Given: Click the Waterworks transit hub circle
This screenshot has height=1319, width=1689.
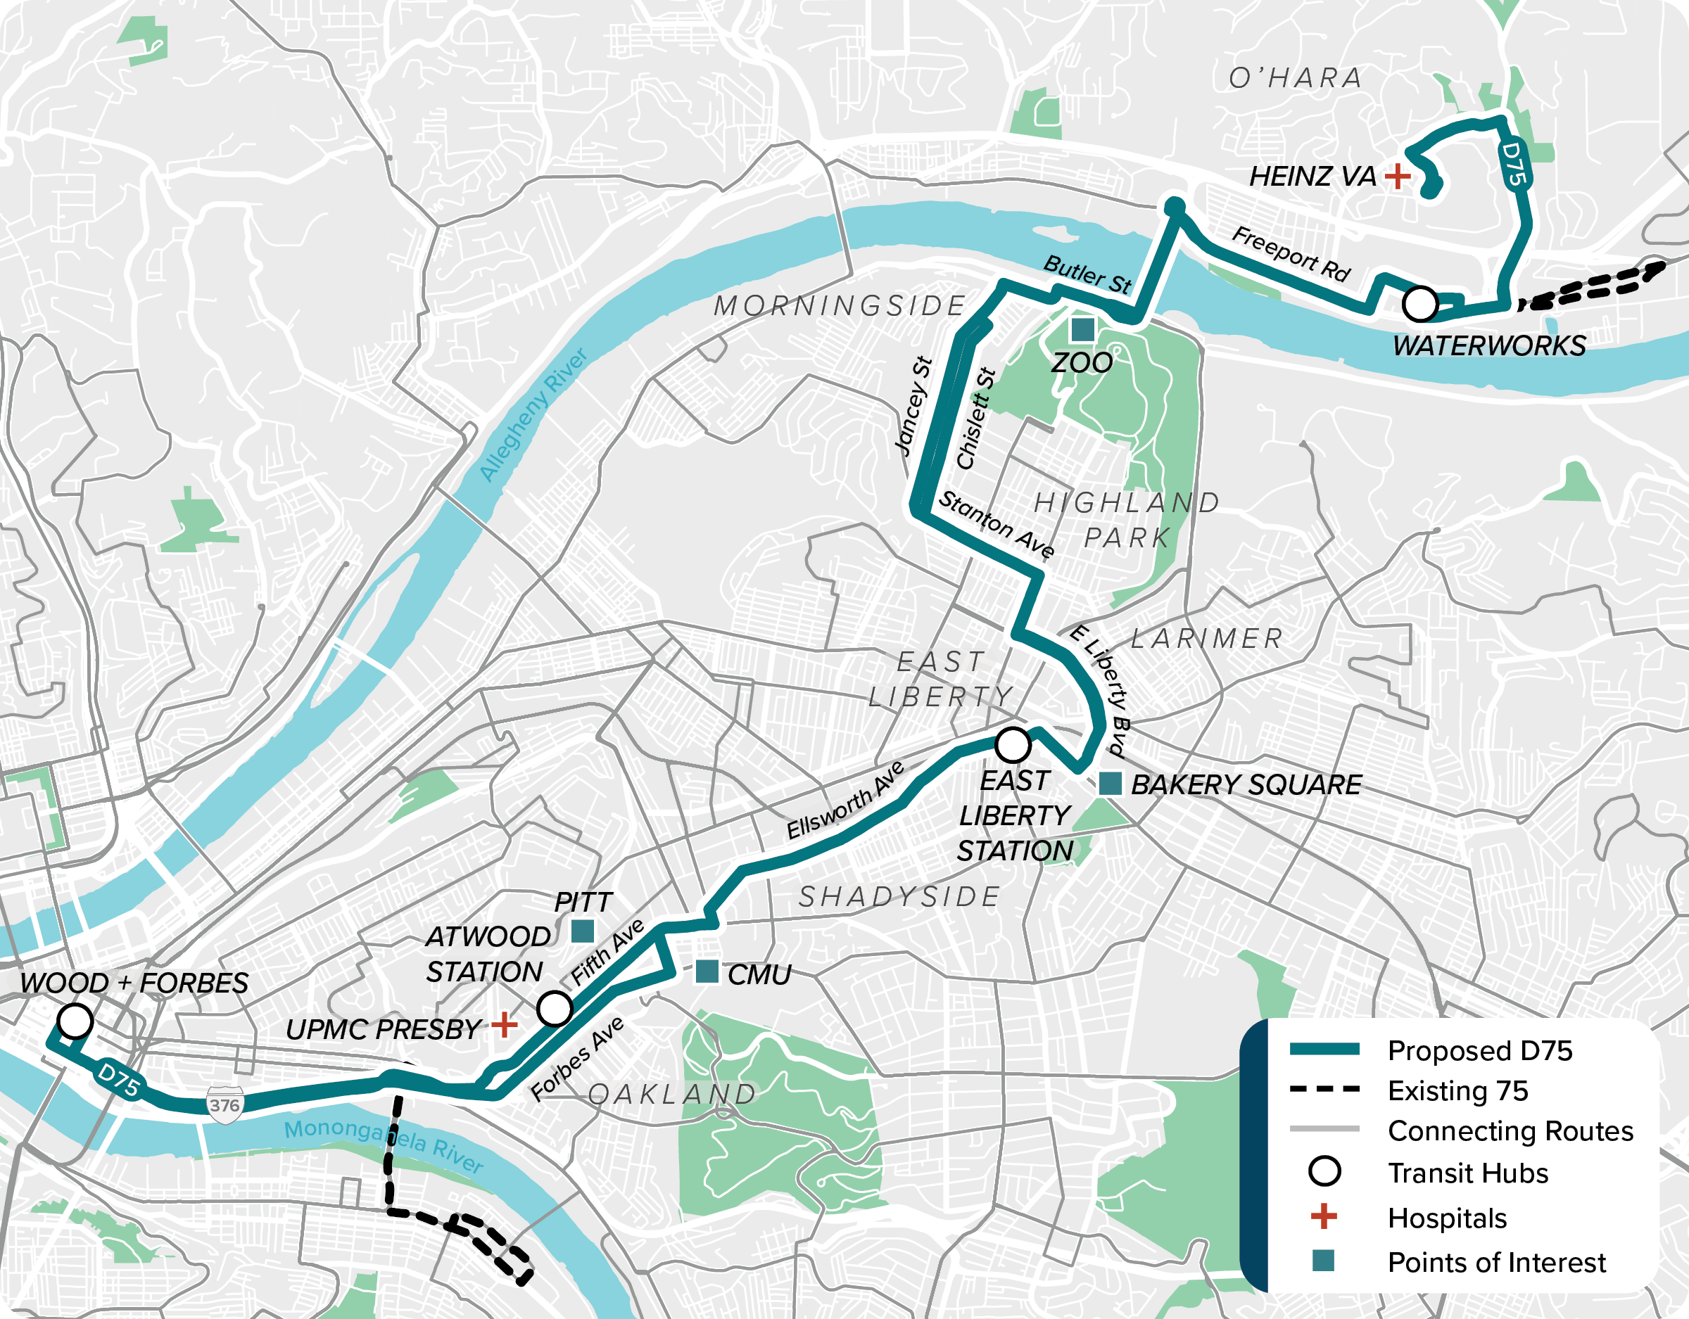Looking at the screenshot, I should pyautogui.click(x=1420, y=304).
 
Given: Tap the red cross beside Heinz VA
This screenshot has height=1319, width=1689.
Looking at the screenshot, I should pyautogui.click(x=1397, y=177).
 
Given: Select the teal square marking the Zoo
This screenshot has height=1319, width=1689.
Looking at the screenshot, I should pyautogui.click(x=1082, y=329).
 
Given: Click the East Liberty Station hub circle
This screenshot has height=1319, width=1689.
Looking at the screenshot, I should pyautogui.click(x=1012, y=745).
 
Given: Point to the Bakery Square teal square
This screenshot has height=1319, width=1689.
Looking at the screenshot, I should pyautogui.click(x=1110, y=783).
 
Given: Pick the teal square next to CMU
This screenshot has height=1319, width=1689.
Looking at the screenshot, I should pyautogui.click(x=707, y=972).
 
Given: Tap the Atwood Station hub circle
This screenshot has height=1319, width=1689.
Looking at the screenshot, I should pyautogui.click(x=555, y=1008).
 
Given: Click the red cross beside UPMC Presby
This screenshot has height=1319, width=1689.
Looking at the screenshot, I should pyautogui.click(x=504, y=1025).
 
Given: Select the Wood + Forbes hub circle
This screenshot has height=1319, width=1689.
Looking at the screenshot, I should pyautogui.click(x=75, y=1021).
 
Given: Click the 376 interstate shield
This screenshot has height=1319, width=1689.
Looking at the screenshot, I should pyautogui.click(x=224, y=1105).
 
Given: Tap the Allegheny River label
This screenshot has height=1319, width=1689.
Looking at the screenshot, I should pyautogui.click(x=533, y=415).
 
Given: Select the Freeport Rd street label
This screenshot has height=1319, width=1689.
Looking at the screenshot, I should pyautogui.click(x=1291, y=253).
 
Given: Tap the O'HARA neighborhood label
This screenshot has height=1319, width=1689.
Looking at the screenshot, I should pyautogui.click(x=1296, y=78).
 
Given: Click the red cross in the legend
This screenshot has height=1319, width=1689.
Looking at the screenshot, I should pyautogui.click(x=1324, y=1216).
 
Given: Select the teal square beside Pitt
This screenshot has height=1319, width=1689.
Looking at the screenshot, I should pyautogui.click(x=582, y=931).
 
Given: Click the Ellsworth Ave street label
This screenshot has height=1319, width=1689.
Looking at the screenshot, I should pyautogui.click(x=845, y=801).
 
